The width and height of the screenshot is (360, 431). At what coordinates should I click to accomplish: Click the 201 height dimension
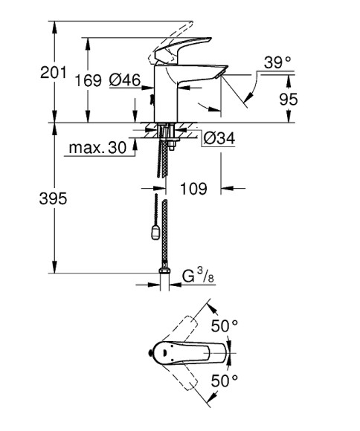[54, 73]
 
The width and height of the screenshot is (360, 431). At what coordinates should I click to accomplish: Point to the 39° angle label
[277, 63]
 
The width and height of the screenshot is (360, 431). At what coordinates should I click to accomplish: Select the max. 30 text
[97, 148]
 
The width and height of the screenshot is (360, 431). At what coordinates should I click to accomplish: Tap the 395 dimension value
[54, 199]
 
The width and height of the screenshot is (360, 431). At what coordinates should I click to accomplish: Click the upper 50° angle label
[224, 326]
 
